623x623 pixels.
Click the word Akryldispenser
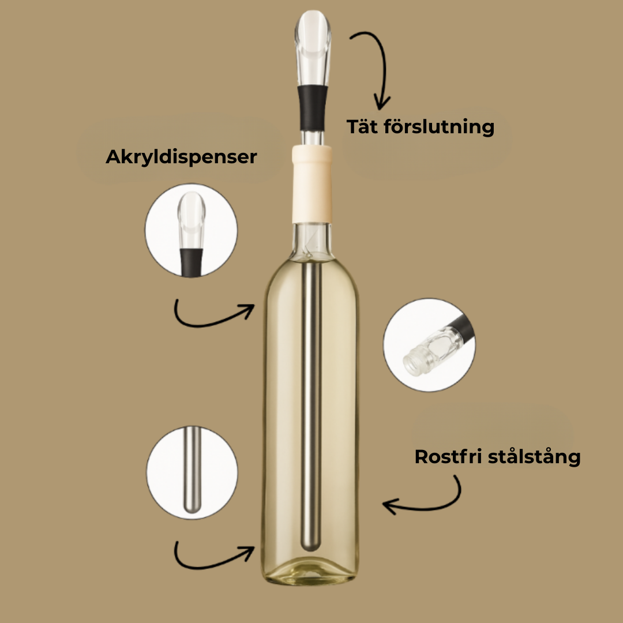[x=181, y=157]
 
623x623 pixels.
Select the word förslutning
[x=438, y=127]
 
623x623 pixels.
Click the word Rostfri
[x=448, y=457]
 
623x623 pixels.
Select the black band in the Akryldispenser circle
[x=191, y=262]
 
